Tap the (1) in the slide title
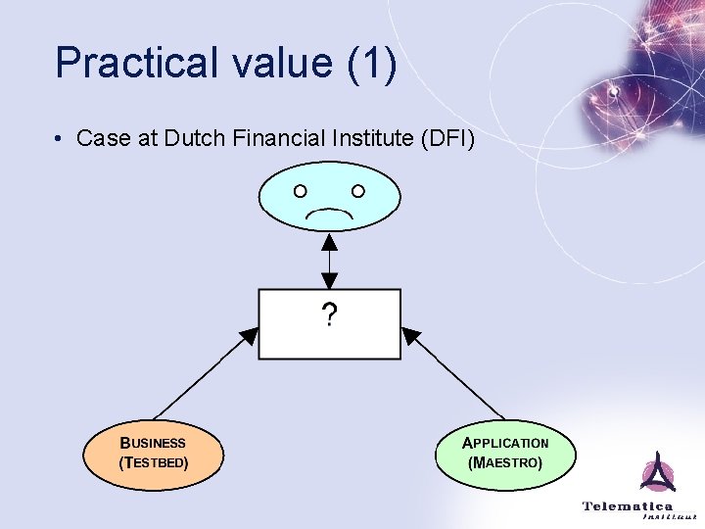[370, 64]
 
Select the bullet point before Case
[61, 139]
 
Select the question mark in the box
[329, 315]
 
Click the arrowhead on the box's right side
[411, 337]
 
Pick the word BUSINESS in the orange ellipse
[153, 443]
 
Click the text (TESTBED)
[153, 461]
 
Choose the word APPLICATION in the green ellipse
[505, 443]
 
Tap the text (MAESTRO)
[505, 461]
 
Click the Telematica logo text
[628, 506]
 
